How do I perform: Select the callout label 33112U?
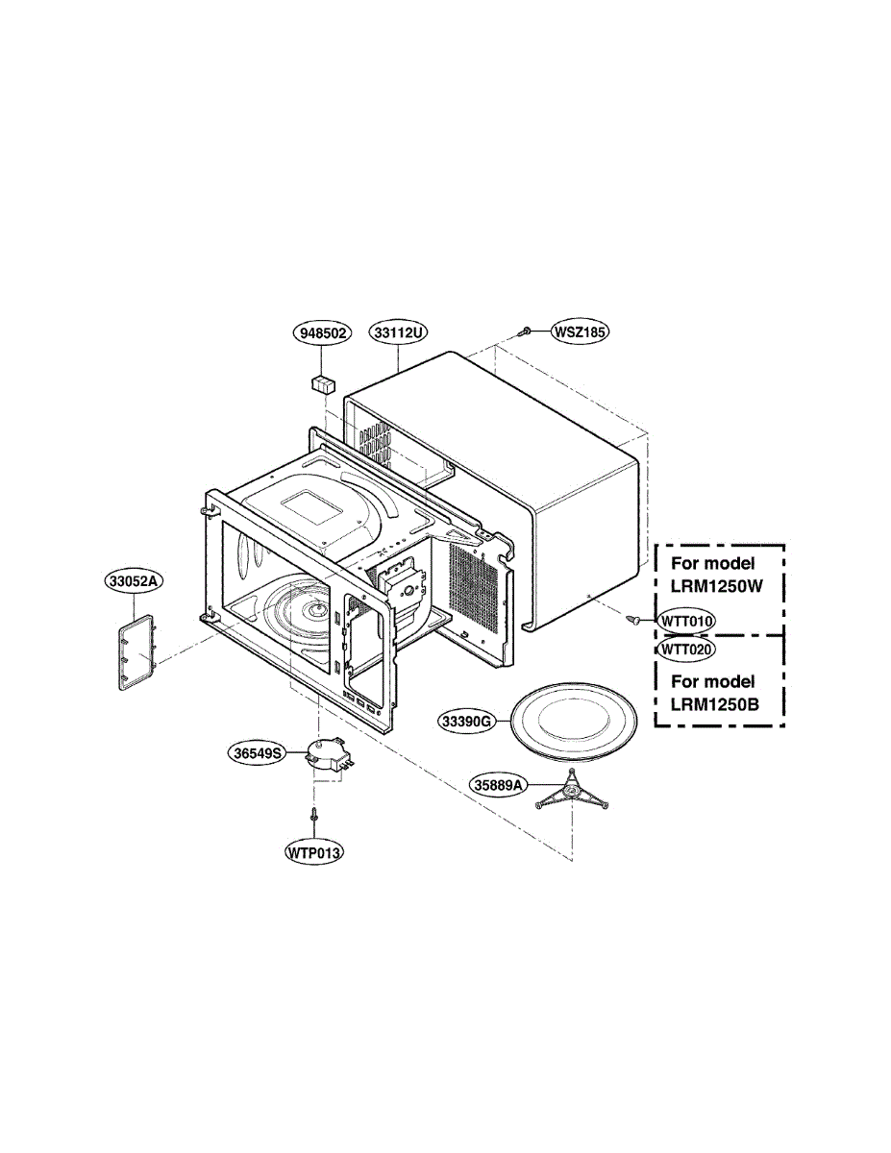(x=398, y=332)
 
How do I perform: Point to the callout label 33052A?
(x=136, y=581)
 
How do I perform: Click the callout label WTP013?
(x=314, y=851)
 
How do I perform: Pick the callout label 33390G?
(x=468, y=720)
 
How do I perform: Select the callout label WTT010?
(x=686, y=621)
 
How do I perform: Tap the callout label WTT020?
(x=686, y=649)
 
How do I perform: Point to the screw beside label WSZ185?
(x=528, y=331)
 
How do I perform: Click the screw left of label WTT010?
(x=634, y=620)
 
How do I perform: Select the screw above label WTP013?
(x=314, y=816)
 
